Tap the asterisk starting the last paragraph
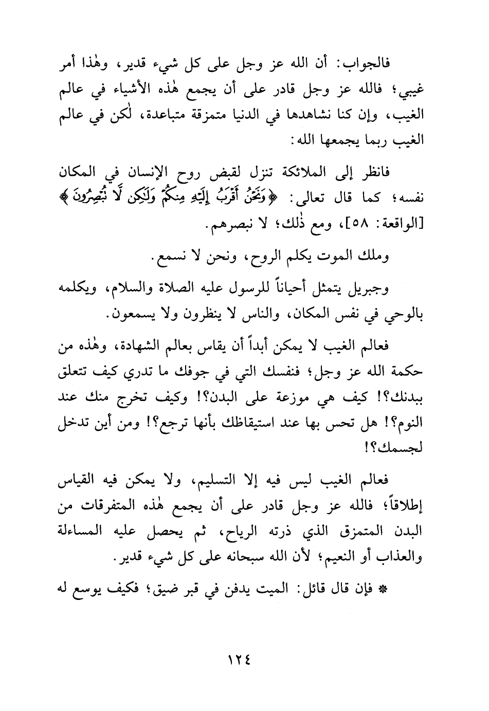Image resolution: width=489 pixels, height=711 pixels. point(395,589)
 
